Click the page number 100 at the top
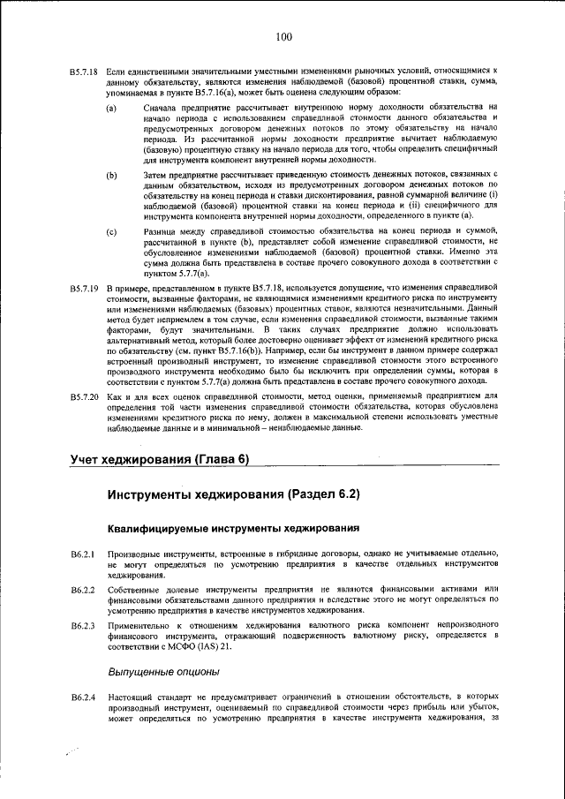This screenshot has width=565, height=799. [282, 36]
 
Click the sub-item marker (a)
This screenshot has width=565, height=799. [112, 109]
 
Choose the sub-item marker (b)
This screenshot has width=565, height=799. [112, 175]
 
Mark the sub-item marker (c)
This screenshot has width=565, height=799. [112, 230]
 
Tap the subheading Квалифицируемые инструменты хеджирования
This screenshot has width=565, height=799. [233, 528]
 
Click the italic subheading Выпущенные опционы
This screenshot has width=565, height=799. [163, 672]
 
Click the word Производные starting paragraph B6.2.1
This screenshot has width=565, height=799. [137, 554]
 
